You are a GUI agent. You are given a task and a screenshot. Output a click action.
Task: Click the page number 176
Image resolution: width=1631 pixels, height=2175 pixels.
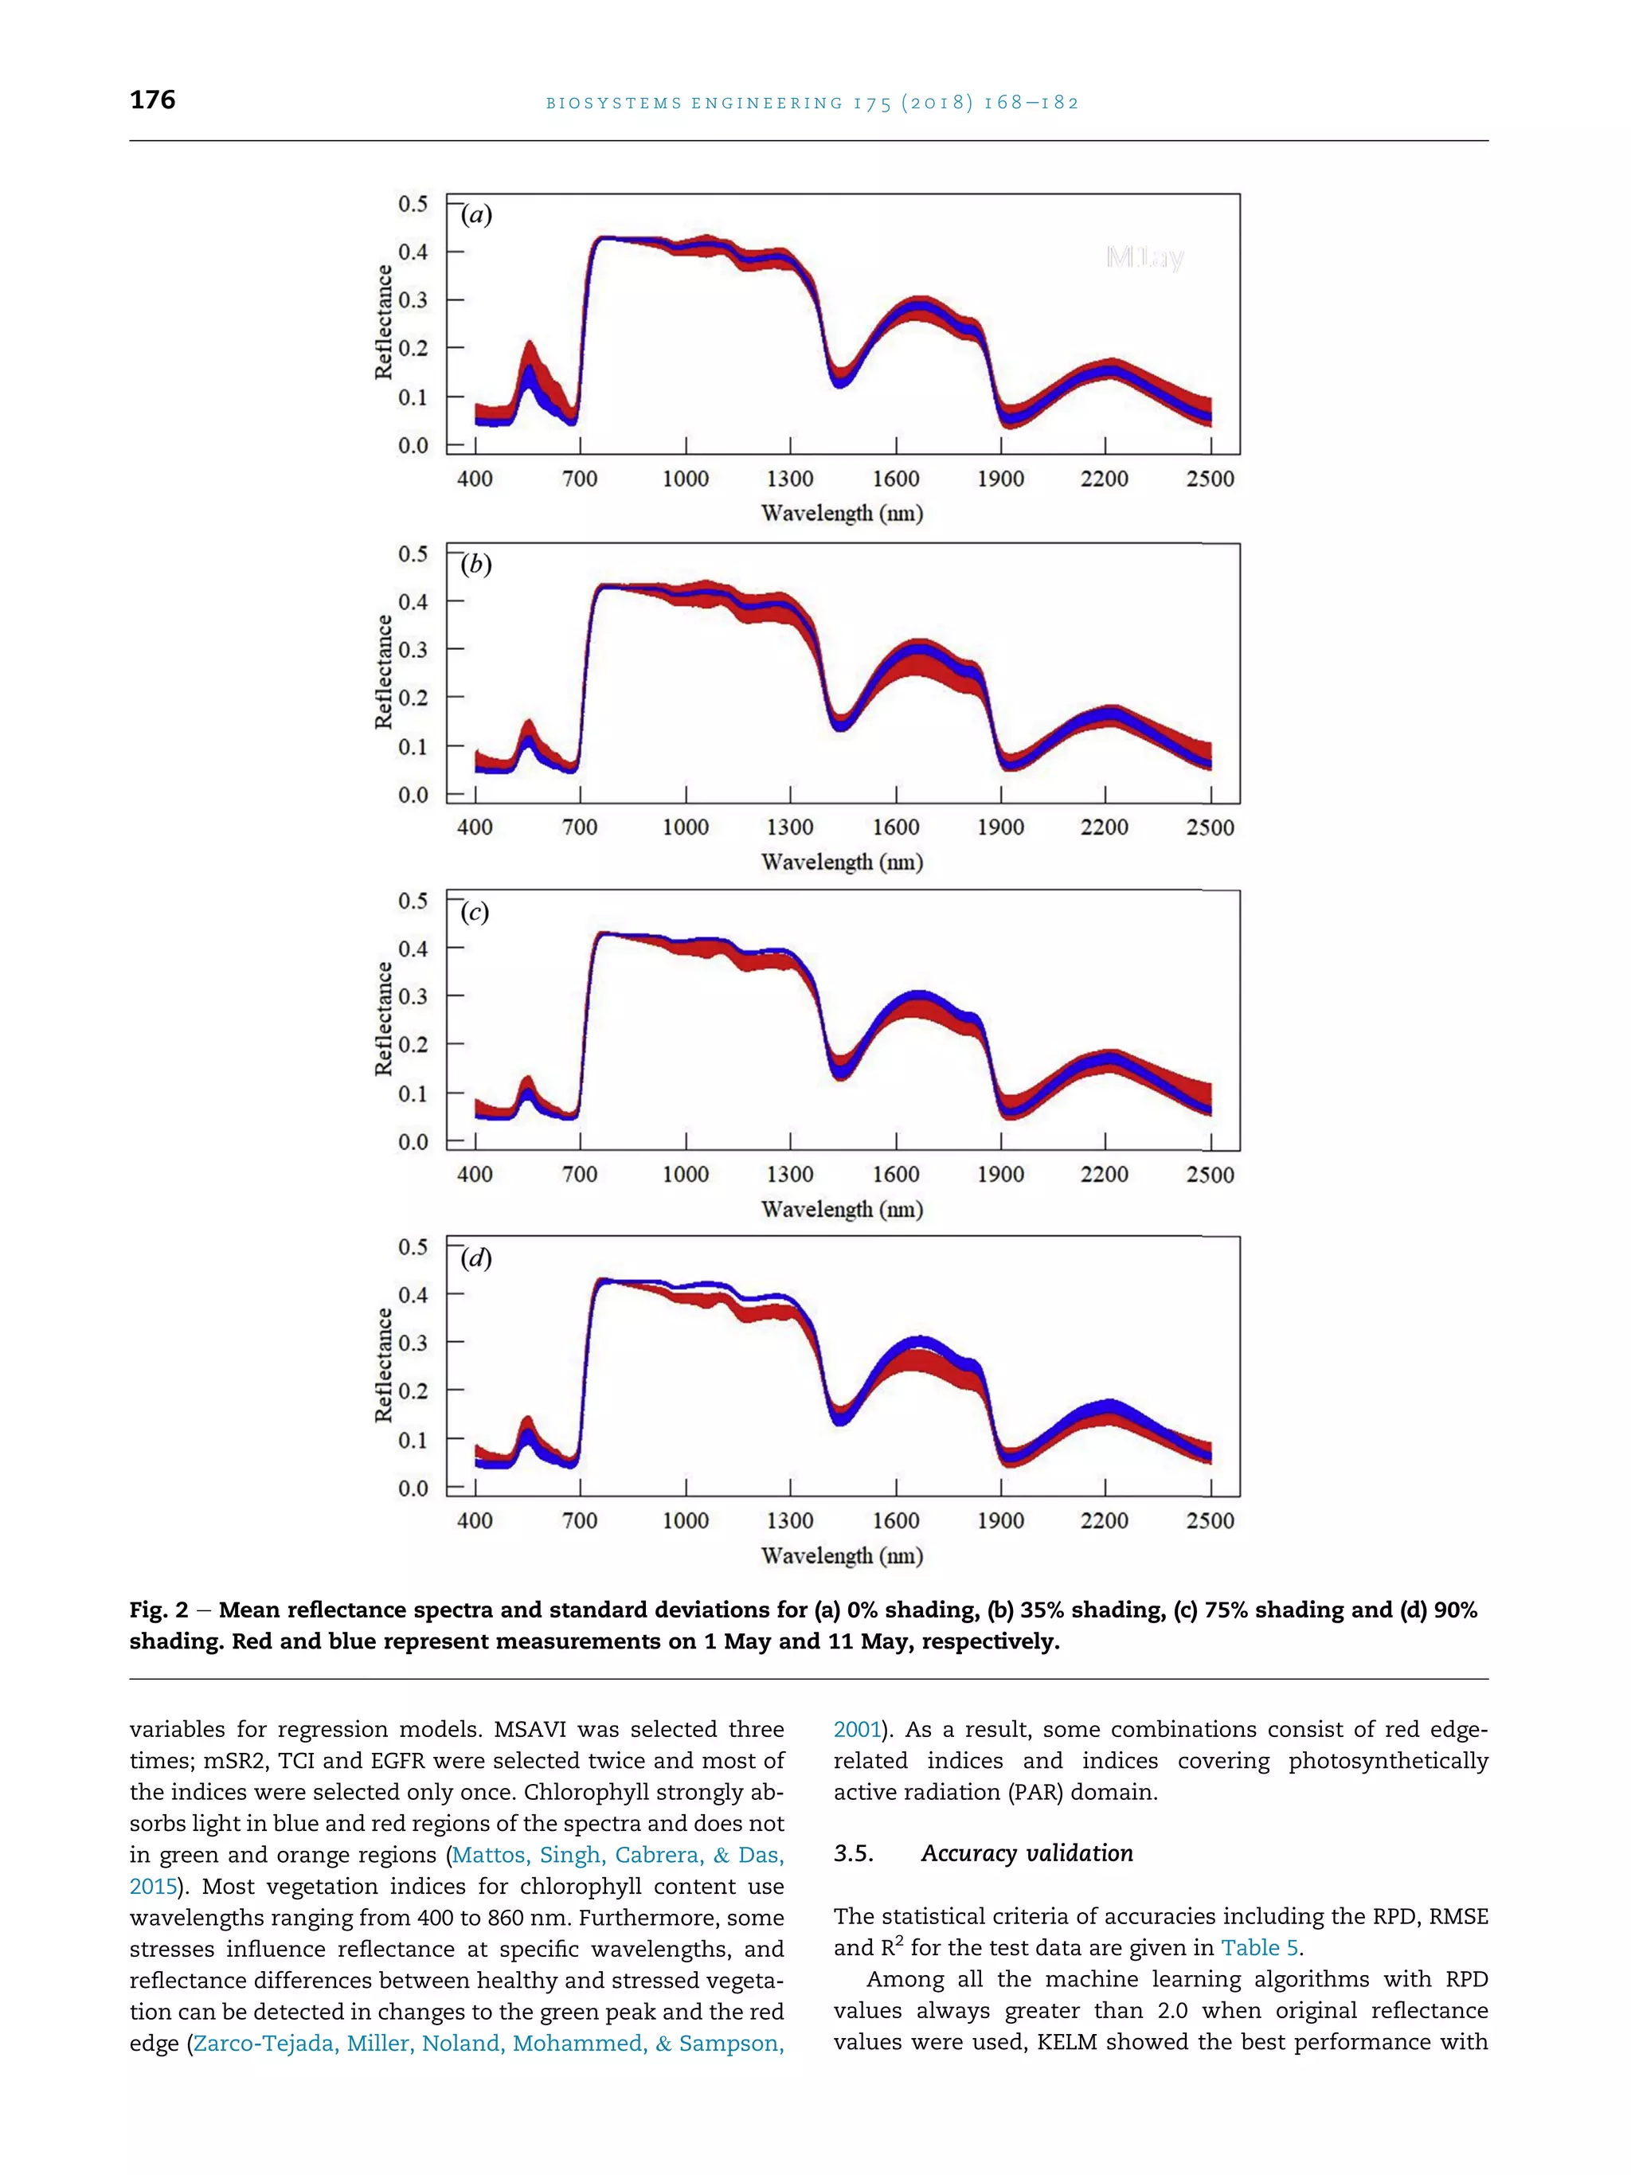(x=152, y=100)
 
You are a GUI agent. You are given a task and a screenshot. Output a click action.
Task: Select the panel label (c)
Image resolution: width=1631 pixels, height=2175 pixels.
(x=475, y=913)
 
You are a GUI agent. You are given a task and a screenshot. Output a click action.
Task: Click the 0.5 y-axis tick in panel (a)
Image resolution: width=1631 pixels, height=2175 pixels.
(x=413, y=204)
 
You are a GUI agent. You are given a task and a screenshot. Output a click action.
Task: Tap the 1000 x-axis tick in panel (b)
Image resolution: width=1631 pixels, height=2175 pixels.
(x=685, y=827)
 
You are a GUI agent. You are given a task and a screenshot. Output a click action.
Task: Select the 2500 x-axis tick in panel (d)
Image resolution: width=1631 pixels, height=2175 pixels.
(x=1209, y=1520)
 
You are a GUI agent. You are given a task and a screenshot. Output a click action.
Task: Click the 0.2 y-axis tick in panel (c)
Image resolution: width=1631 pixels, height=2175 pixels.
(x=413, y=1044)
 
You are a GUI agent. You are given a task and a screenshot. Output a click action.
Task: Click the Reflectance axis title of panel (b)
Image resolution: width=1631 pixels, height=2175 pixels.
(x=383, y=671)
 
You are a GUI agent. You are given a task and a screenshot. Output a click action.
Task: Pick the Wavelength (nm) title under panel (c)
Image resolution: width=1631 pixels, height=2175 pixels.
(x=842, y=1210)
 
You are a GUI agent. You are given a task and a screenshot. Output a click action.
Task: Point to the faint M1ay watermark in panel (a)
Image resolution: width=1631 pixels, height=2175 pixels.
(x=1144, y=257)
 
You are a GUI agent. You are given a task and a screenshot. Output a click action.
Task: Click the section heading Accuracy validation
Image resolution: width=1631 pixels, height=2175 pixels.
(x=1027, y=1853)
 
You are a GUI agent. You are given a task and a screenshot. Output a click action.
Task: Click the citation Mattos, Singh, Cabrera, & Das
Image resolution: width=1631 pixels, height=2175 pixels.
(x=617, y=1856)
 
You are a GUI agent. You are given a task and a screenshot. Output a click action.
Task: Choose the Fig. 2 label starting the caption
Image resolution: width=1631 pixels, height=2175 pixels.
(x=158, y=1610)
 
